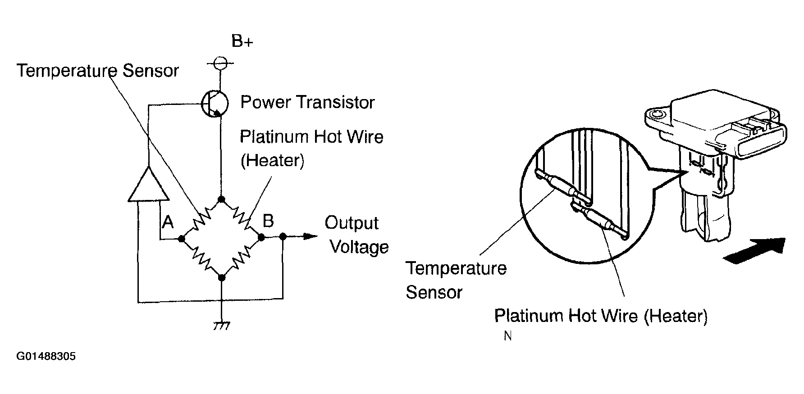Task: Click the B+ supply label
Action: [x=242, y=41]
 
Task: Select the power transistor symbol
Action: [x=215, y=104]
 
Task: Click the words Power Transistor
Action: [x=307, y=102]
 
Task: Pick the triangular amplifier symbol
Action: [x=148, y=183]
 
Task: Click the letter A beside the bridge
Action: [x=168, y=222]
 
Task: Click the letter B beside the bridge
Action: [x=268, y=221]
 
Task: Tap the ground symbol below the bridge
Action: [x=221, y=326]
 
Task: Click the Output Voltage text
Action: [x=356, y=235]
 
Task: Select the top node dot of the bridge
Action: [x=221, y=199]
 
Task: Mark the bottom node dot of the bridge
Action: [x=221, y=278]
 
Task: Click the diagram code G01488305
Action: [x=46, y=357]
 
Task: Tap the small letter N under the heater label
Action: [x=508, y=336]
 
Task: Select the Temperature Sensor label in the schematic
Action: [x=98, y=71]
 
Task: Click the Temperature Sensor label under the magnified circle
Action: [x=456, y=280]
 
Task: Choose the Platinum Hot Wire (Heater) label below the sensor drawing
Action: [x=601, y=316]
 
